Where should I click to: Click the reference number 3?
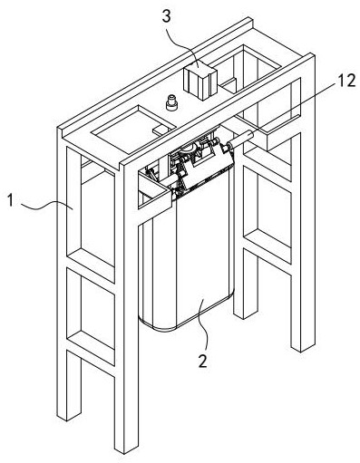[x=166, y=16]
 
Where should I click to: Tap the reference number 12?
[x=345, y=81]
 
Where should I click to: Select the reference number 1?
[x=11, y=200]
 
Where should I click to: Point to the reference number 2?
[x=202, y=360]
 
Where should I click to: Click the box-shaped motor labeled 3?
[x=200, y=82]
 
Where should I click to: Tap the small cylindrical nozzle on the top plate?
[x=171, y=102]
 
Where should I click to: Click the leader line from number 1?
[x=47, y=206]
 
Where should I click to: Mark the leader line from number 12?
[x=295, y=108]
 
